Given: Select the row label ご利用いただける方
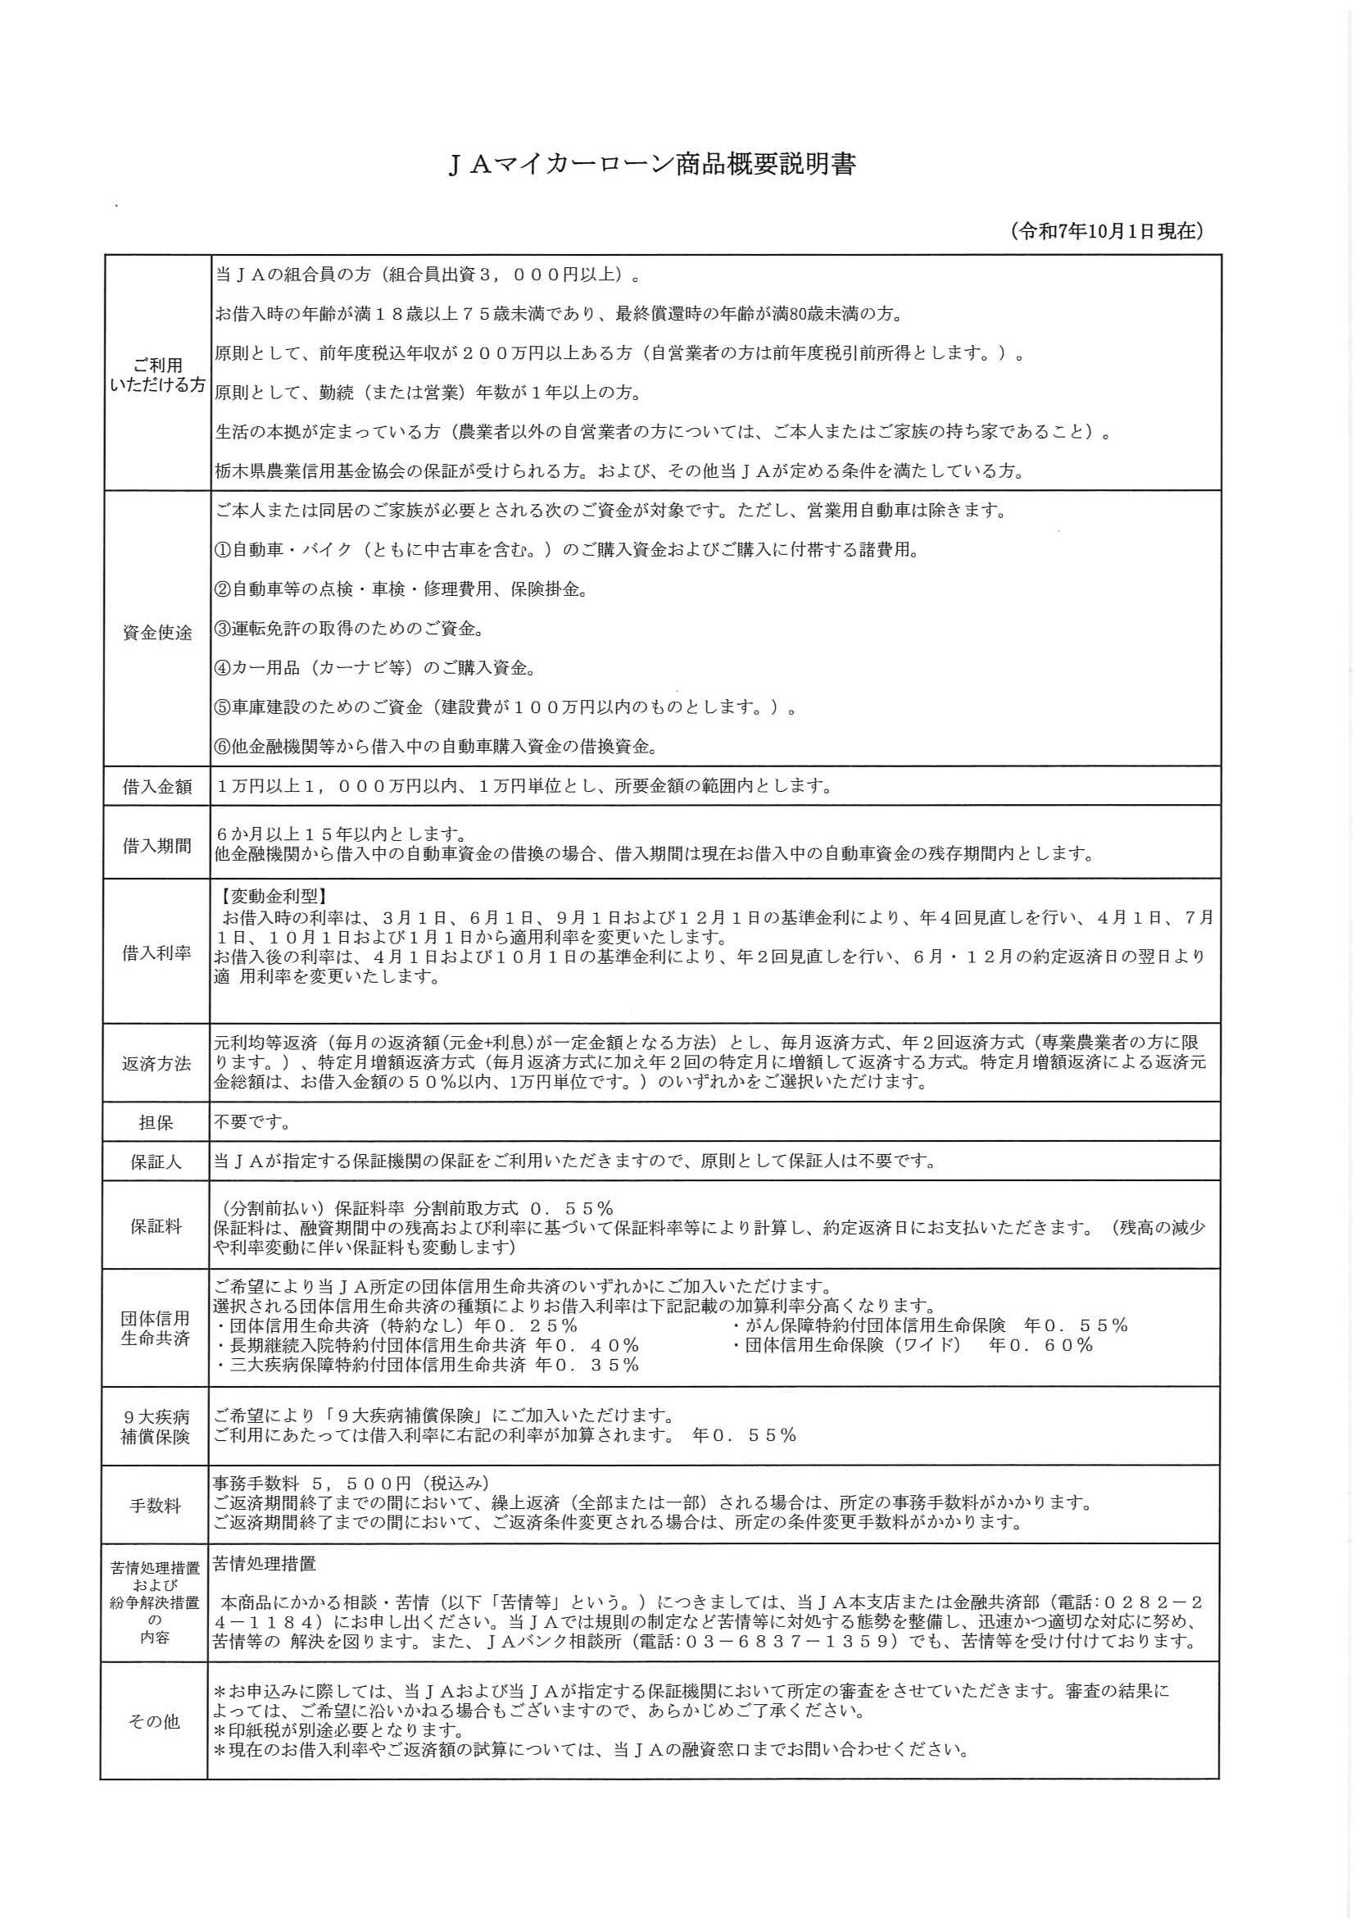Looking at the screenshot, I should coord(157,375).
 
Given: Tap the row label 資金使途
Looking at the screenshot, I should coord(157,633).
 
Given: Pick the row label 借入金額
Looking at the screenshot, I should coord(157,787).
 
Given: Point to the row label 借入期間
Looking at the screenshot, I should coord(157,845).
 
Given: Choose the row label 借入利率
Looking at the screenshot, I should coord(157,952).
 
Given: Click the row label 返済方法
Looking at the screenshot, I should coord(156,1063).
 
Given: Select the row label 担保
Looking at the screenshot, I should coord(156,1123).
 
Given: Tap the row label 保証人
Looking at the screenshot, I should coord(156,1162).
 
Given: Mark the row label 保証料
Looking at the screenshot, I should coord(156,1226).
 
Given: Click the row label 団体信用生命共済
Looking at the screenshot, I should coord(156,1328).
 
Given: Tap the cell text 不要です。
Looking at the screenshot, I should coord(253,1123).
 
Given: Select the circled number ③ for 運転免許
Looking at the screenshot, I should coord(222,628).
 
